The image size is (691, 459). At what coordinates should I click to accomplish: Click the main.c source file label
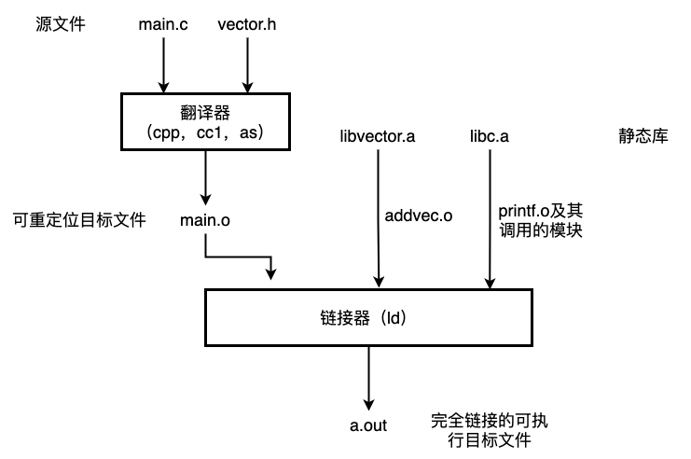pos(163,24)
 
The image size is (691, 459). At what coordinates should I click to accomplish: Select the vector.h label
pos(247,24)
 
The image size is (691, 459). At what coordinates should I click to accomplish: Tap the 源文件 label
pos(61,24)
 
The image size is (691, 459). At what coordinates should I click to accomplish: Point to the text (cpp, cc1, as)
pos(205,132)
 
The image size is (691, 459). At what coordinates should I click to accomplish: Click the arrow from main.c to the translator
pos(163,65)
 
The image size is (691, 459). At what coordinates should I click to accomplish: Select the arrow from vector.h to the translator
pos(247,65)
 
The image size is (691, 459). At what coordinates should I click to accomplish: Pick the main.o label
pos(205,220)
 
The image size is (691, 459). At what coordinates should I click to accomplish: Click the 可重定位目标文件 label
pos(79,220)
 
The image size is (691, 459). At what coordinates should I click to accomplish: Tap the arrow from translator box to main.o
pos(205,177)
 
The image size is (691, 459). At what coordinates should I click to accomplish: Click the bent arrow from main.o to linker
pos(238,257)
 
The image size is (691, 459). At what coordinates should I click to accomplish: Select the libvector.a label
pos(378,136)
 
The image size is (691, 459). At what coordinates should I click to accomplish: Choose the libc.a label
pos(490,136)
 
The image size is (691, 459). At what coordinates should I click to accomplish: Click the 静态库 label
pos(643,136)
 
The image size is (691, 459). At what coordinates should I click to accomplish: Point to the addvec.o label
pos(418,216)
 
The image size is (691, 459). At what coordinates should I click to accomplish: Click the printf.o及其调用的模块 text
pos(541,220)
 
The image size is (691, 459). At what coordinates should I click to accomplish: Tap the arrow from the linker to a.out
pos(369,379)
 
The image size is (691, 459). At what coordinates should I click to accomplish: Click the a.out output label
pos(368,425)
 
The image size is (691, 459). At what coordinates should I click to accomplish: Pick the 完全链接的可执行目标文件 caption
pos(490,430)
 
